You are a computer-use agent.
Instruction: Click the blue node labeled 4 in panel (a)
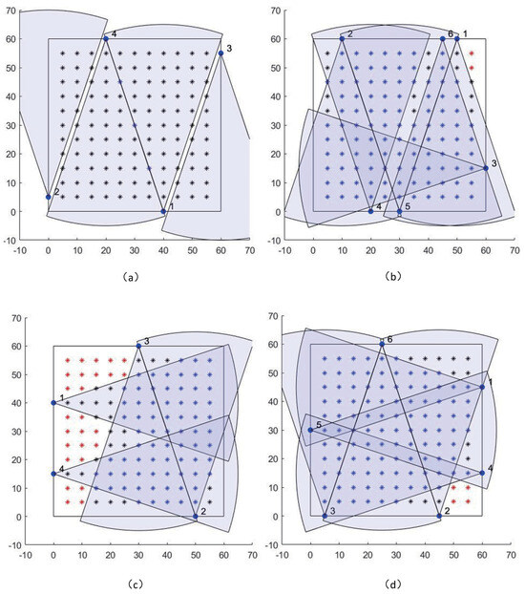pyautogui.click(x=106, y=38)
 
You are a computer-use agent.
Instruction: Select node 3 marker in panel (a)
pyautogui.click(x=220, y=53)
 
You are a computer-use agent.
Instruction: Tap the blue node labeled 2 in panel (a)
pyautogui.click(x=49, y=197)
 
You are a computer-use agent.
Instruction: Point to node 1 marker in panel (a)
pyautogui.click(x=163, y=211)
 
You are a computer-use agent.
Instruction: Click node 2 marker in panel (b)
pyautogui.click(x=342, y=38)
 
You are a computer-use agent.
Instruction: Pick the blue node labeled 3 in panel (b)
pyautogui.click(x=485, y=168)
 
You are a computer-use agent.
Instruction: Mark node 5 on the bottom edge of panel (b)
pyautogui.click(x=399, y=211)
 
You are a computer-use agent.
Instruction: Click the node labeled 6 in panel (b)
pyautogui.click(x=442, y=38)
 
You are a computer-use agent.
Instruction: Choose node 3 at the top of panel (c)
pyautogui.click(x=138, y=345)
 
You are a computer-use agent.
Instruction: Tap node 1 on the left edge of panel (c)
pyautogui.click(x=53, y=402)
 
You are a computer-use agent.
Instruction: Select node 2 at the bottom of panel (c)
pyautogui.click(x=196, y=516)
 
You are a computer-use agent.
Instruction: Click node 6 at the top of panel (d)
pyautogui.click(x=382, y=344)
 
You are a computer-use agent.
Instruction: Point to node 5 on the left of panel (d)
pyautogui.click(x=310, y=430)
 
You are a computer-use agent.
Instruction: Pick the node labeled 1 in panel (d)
pyautogui.click(x=482, y=387)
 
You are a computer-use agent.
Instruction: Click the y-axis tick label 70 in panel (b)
pyautogui.click(x=271, y=11)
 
